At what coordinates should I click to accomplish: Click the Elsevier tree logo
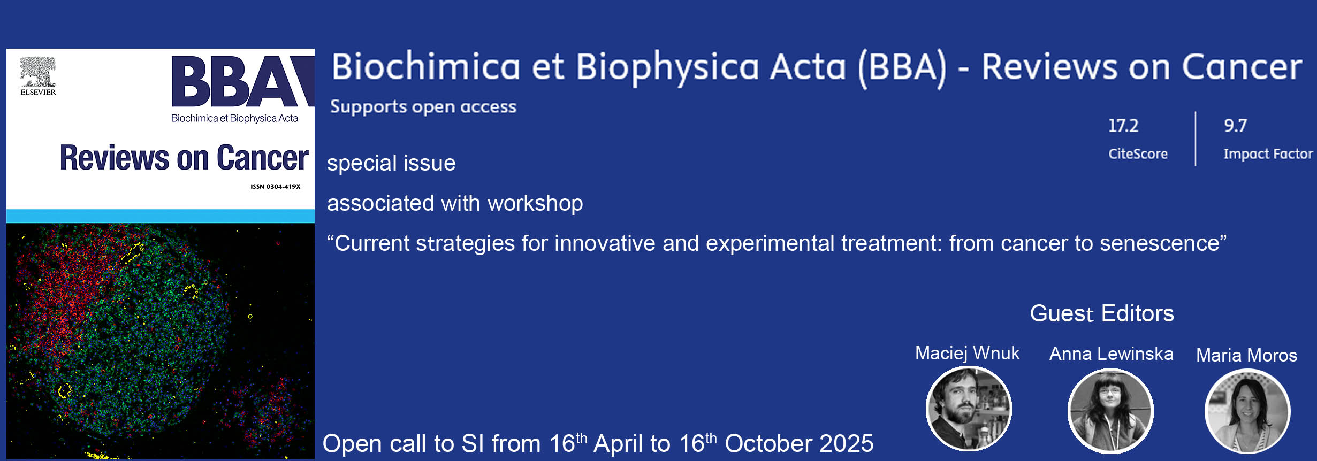click(38, 72)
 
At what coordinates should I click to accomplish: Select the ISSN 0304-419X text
click(276, 187)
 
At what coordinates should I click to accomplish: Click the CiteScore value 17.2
click(1123, 126)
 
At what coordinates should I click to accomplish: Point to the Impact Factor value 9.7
click(1235, 126)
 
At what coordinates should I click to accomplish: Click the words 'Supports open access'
click(423, 106)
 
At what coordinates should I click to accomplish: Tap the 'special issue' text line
click(391, 163)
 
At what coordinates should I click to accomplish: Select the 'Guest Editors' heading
click(1102, 313)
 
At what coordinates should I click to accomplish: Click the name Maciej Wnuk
click(967, 354)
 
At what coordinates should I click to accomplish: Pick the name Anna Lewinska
click(1111, 354)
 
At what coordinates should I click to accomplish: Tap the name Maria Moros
click(1246, 355)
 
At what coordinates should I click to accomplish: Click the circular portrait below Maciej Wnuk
click(969, 409)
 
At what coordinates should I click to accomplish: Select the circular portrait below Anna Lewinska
click(1110, 411)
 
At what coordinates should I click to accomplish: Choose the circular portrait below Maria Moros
click(1247, 411)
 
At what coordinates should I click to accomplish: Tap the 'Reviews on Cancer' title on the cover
click(184, 158)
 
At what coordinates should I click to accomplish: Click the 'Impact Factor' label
click(1268, 154)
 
